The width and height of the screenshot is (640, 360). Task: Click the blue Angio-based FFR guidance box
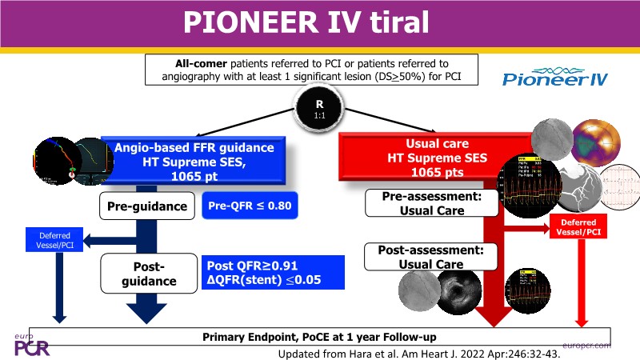point(205,162)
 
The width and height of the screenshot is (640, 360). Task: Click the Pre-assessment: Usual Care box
point(426,202)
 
